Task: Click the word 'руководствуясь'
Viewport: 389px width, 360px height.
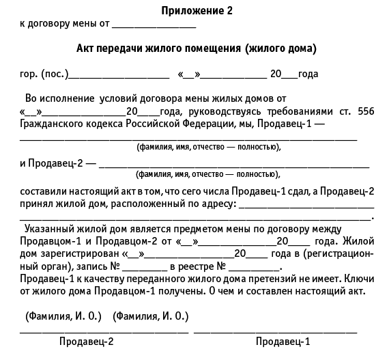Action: [217, 111]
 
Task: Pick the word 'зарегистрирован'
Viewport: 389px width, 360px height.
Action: [75, 253]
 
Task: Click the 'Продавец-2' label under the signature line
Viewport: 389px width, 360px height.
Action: [87, 342]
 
